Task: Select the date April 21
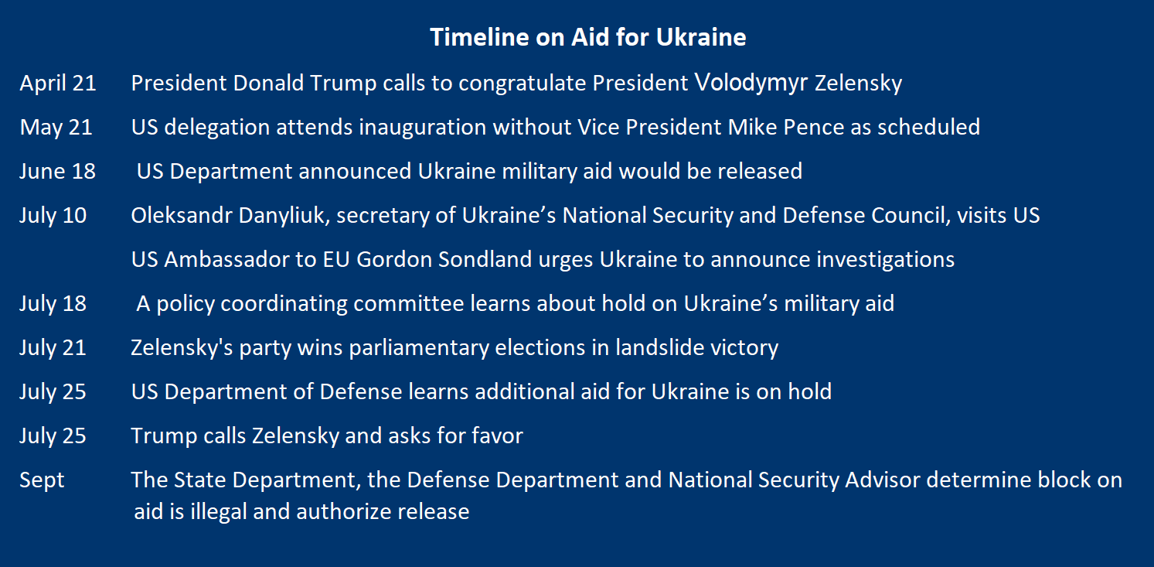[58, 84]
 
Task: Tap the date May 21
[56, 128]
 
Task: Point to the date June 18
[57, 172]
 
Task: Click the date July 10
[53, 216]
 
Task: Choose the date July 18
[53, 304]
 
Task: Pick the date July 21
[53, 348]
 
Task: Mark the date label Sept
[42, 480]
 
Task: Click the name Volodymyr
[751, 83]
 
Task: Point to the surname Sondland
[485, 259]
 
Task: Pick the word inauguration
[423, 128]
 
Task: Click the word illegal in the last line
[219, 512]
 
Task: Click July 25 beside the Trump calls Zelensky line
[53, 436]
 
